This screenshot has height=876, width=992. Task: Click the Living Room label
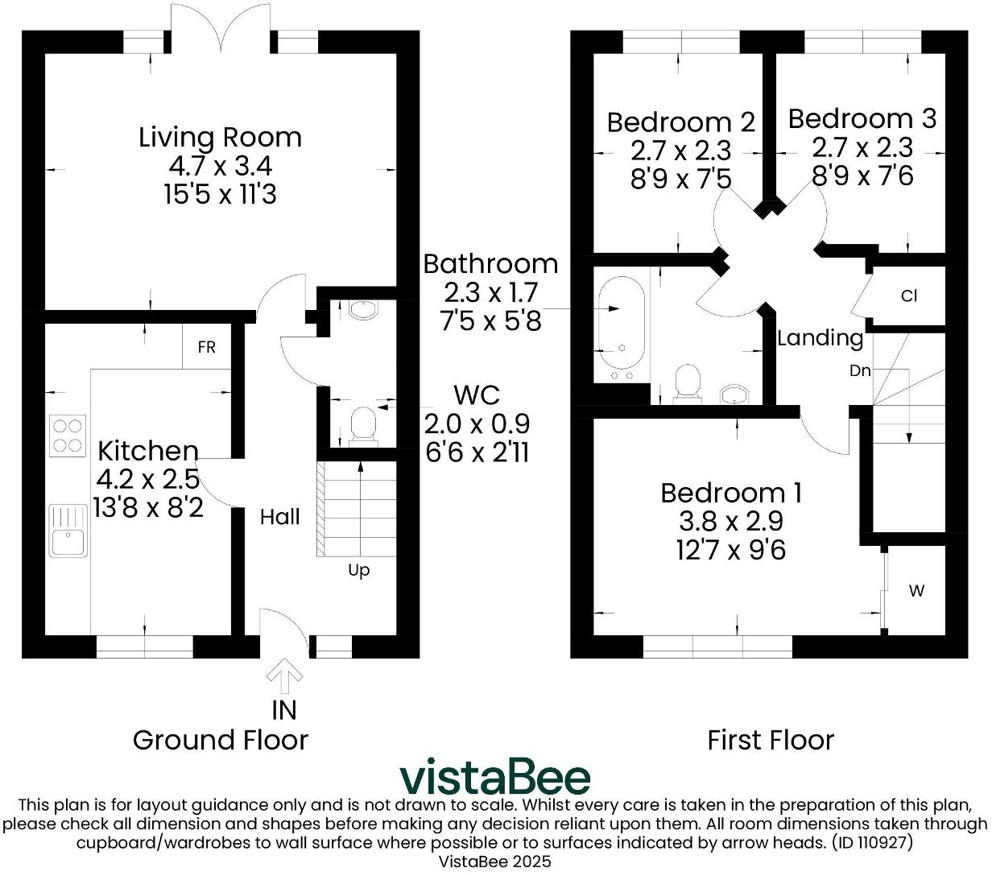point(220,137)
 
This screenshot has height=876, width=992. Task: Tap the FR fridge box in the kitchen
point(207,347)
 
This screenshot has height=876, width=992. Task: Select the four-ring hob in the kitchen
point(68,435)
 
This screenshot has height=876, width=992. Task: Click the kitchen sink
point(68,530)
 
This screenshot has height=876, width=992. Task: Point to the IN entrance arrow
point(283,677)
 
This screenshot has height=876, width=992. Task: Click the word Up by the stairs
point(358,570)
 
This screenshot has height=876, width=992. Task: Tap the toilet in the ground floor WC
point(364,424)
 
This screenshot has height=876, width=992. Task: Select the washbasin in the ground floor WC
point(364,310)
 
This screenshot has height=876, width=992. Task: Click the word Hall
point(279,517)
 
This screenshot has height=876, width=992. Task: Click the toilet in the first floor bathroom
point(687,382)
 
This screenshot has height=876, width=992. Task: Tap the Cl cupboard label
point(908,296)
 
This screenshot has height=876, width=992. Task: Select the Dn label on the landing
point(860,371)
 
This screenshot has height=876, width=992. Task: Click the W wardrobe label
point(916,591)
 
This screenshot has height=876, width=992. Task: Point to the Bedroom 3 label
point(862,119)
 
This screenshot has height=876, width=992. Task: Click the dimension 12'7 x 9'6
point(730,550)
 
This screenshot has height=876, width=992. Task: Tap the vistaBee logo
point(495,778)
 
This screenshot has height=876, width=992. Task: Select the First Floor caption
point(770,739)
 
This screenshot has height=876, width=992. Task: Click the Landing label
point(820,337)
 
